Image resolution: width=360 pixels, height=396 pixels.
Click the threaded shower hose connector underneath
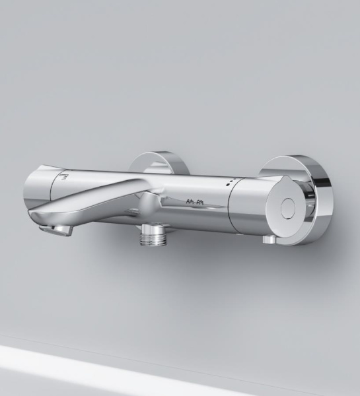(x=153, y=240)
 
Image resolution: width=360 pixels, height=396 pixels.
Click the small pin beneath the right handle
(x=268, y=240)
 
